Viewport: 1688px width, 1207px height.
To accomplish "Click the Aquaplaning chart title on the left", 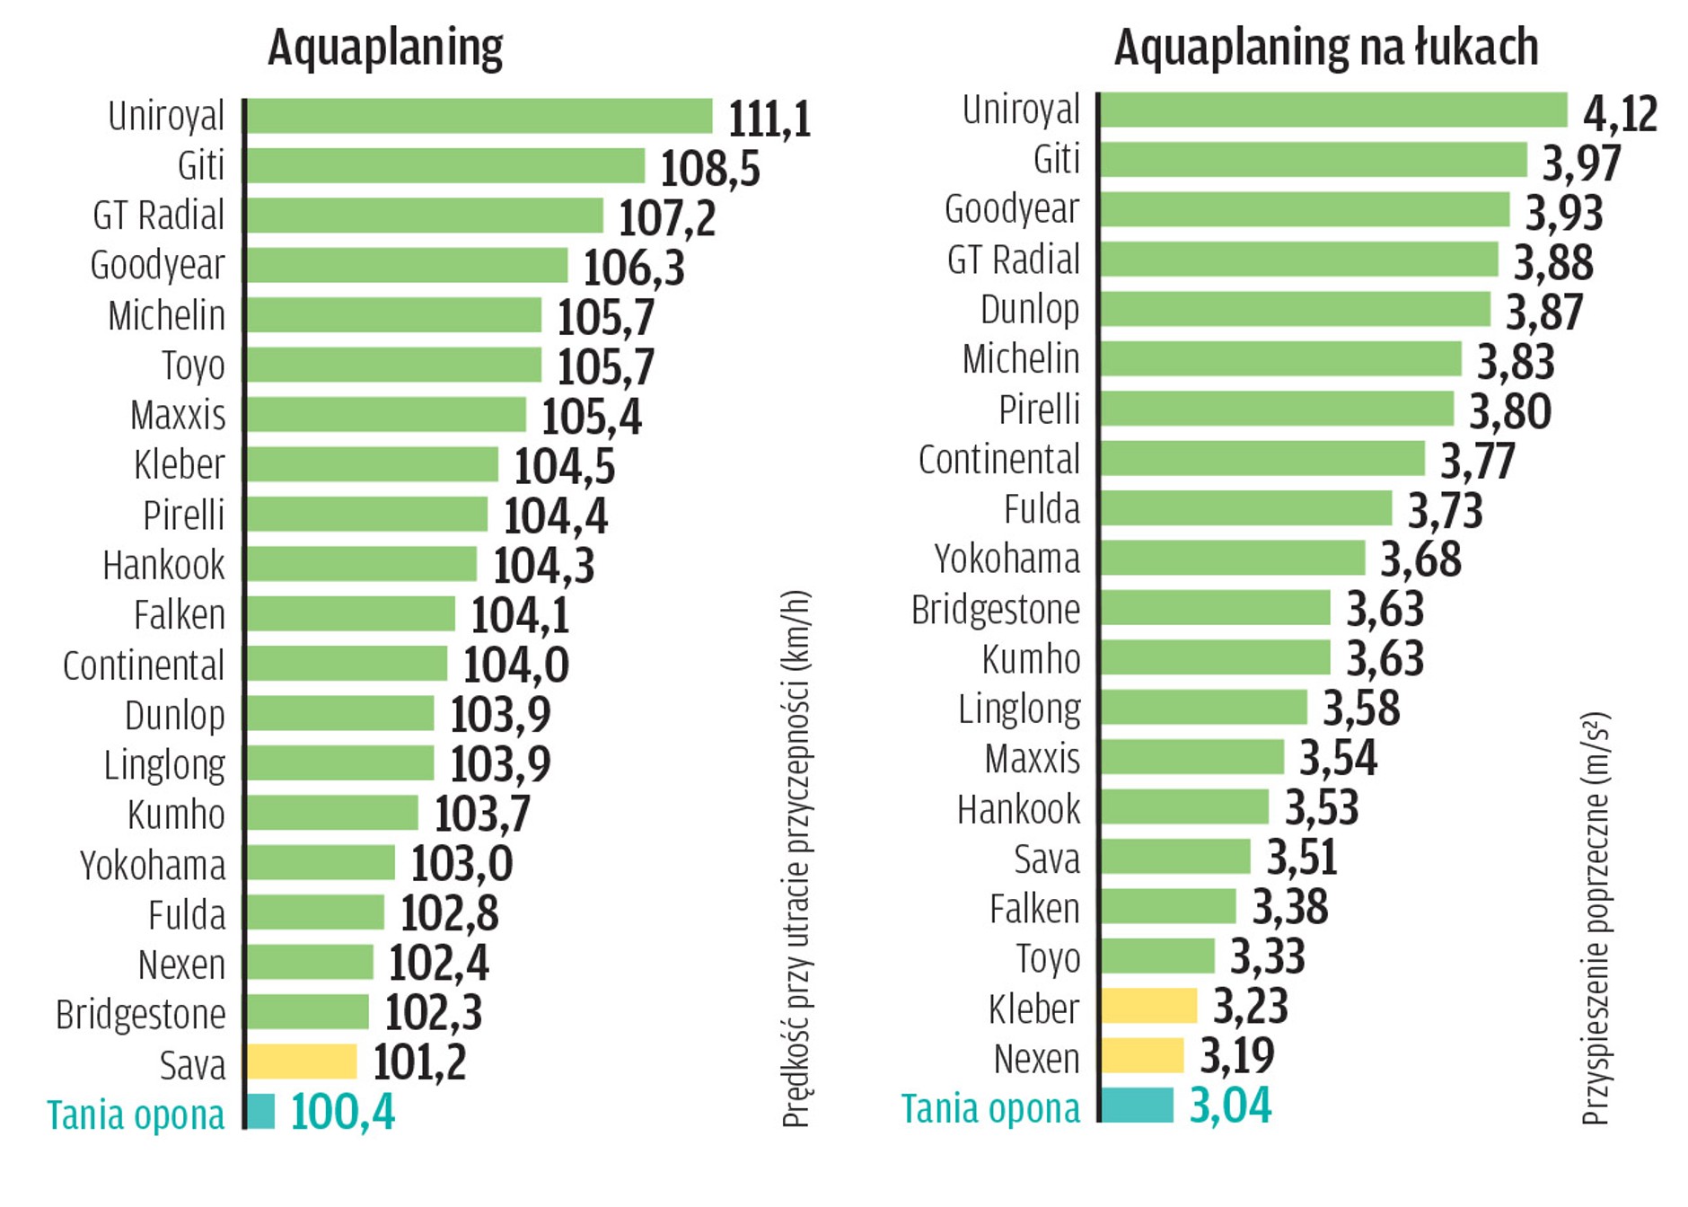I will point(385,48).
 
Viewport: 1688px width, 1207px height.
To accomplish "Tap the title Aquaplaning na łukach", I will point(1325,48).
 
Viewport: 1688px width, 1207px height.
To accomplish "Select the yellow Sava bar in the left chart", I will point(302,1062).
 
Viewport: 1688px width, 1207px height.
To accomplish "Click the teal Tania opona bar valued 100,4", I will point(260,1111).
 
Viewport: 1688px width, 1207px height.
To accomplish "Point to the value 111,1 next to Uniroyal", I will point(769,119).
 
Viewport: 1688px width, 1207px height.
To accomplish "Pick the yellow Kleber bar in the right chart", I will point(1148,1006).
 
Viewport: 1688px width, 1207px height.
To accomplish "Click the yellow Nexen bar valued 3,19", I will point(1142,1055).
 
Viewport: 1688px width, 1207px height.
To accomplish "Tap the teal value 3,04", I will point(1230,1106).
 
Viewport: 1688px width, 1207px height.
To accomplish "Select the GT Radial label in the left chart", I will point(158,216).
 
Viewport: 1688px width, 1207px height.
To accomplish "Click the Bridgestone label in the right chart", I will point(995,610).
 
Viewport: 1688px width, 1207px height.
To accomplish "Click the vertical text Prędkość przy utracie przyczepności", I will point(796,858).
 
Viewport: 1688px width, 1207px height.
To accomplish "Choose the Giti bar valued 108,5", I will point(445,166).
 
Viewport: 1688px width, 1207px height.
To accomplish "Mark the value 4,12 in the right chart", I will point(1619,114).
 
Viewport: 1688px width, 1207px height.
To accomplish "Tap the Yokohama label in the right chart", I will point(1007,559).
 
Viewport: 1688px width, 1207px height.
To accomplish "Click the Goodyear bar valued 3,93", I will point(1305,209).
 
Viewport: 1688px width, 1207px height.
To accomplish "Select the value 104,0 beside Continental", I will point(515,665).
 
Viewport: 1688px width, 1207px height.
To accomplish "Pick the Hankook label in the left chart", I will point(163,566).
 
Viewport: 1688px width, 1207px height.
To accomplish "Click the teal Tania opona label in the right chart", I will point(990,1108).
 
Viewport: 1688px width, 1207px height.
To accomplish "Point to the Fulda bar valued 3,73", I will point(1246,508).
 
